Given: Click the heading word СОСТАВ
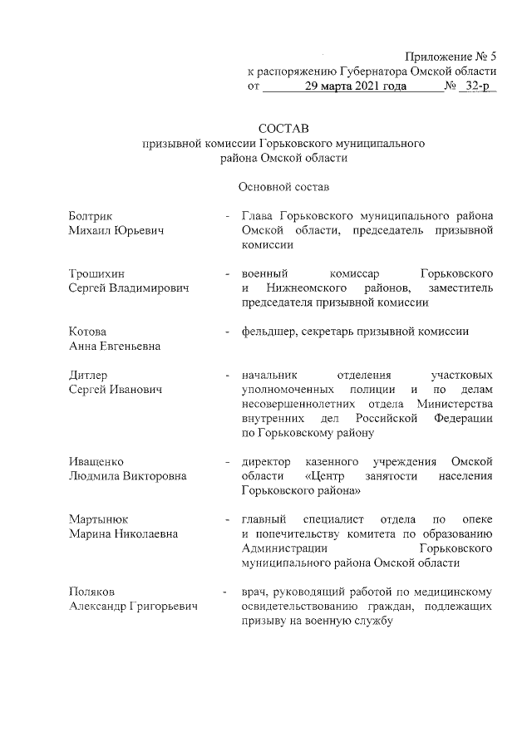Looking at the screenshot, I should tap(283, 129).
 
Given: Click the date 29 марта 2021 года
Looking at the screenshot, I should tap(356, 86).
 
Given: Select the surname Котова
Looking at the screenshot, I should tap(87, 332).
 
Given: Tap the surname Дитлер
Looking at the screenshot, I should tap(88, 375).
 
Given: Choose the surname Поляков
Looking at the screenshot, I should tap(91, 592).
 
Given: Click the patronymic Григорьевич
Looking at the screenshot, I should tap(161, 607).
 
